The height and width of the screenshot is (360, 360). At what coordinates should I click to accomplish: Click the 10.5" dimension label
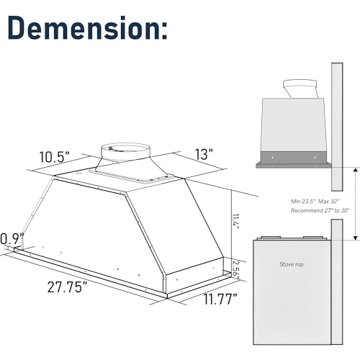point(54,156)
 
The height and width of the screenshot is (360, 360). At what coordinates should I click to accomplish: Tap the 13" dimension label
point(204,154)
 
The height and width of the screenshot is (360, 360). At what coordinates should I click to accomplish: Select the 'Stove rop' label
point(292,265)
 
